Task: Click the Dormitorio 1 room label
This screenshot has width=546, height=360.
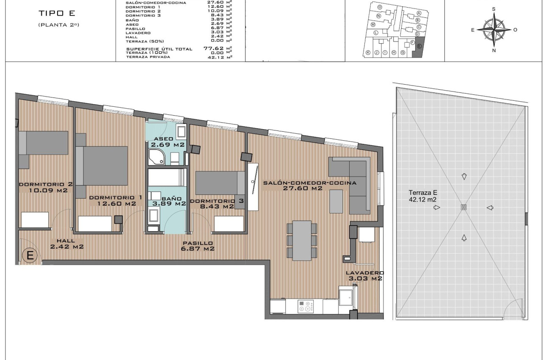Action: point(112,200)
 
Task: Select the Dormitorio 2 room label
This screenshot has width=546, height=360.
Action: point(46,187)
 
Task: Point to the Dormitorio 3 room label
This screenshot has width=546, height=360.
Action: point(217,204)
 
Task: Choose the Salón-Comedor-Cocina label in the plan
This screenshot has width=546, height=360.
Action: point(309,186)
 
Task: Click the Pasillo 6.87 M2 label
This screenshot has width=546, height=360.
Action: point(198,246)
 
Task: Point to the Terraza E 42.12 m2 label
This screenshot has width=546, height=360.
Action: point(422,195)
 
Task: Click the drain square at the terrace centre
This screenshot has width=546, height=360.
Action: point(463,207)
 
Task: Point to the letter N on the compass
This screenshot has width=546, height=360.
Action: point(494,50)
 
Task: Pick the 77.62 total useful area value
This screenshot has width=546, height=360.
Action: point(213,48)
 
